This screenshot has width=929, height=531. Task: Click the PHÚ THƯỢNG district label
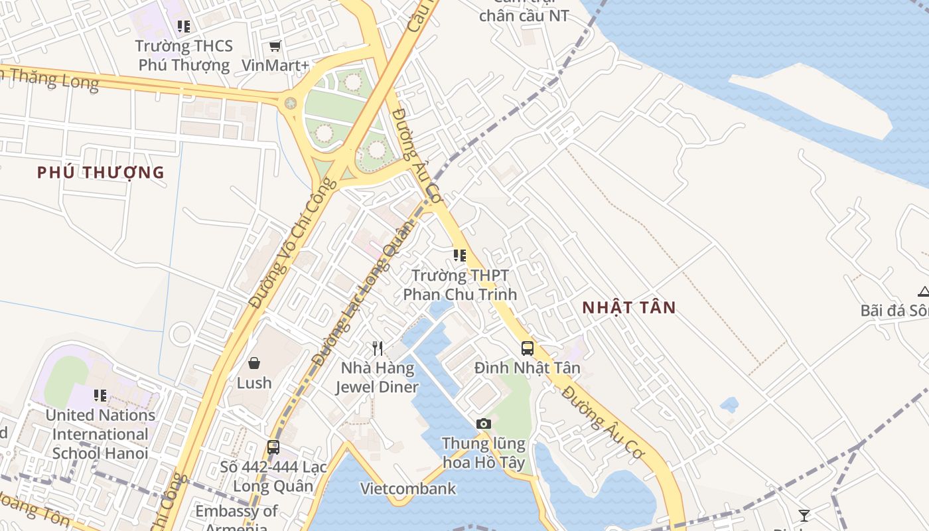click(x=100, y=173)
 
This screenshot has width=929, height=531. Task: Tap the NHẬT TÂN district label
click(x=629, y=307)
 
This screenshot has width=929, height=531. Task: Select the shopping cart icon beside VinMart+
click(x=275, y=46)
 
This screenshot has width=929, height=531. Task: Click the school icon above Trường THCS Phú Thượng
click(x=184, y=27)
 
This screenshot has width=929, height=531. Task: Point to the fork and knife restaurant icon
click(x=378, y=348)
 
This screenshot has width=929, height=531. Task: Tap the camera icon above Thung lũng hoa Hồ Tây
click(x=484, y=423)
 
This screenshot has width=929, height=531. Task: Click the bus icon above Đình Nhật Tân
click(x=528, y=348)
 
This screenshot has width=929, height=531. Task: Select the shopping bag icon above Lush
click(x=254, y=362)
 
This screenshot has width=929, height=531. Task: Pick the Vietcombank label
click(x=408, y=489)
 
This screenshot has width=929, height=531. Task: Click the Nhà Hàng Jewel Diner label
click(x=377, y=377)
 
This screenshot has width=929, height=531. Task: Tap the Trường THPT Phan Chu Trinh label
click(x=460, y=285)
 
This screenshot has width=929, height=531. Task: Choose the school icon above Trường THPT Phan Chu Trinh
click(x=459, y=255)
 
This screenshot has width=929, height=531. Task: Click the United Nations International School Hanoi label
click(x=100, y=434)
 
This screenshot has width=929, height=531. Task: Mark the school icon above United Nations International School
click(x=100, y=396)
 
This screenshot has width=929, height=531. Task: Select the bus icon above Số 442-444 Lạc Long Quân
click(x=273, y=447)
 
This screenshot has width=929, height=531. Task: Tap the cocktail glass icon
click(x=804, y=515)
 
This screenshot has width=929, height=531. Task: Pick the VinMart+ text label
click(x=275, y=65)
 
